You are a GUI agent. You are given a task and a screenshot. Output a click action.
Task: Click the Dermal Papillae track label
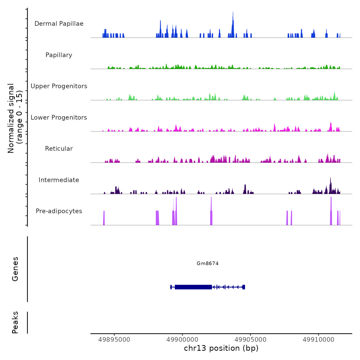[x=59, y=24]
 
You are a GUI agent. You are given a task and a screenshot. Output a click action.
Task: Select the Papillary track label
[x=59, y=55]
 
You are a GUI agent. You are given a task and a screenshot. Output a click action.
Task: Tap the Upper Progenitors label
[x=59, y=86]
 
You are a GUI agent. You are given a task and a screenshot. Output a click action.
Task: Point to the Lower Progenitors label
[x=59, y=118]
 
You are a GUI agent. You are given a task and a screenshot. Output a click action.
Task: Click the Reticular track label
[x=59, y=149]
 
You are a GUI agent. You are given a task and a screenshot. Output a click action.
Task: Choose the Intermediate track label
[x=59, y=180]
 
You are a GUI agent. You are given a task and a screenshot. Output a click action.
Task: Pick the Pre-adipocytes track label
[x=59, y=211]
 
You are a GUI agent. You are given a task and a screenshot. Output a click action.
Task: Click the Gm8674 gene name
[x=208, y=263]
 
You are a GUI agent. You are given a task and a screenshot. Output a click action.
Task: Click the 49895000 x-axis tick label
[x=114, y=339]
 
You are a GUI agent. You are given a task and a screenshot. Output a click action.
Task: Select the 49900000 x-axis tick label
[x=182, y=339]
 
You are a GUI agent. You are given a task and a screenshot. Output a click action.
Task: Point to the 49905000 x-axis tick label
[x=250, y=339]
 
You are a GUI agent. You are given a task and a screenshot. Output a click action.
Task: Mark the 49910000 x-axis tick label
[x=319, y=339]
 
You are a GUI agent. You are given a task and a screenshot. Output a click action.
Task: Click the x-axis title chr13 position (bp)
[x=221, y=348]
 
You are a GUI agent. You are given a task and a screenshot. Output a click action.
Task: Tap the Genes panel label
[x=15, y=269]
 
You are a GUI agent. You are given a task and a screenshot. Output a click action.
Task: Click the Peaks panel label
[x=15, y=322]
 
